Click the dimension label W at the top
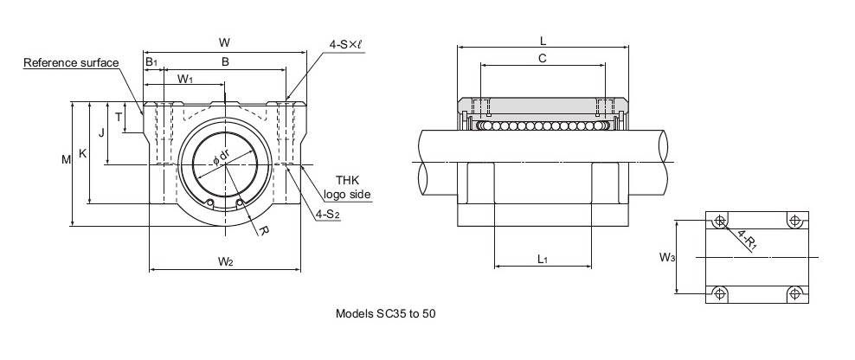(225, 42)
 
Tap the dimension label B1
(151, 62)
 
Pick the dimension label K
(82, 153)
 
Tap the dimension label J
(101, 132)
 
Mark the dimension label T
(119, 117)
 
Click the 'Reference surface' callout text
(71, 63)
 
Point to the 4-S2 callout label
(327, 214)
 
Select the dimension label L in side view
(542, 40)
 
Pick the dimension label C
(542, 58)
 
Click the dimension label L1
(542, 259)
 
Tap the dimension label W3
(666, 257)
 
